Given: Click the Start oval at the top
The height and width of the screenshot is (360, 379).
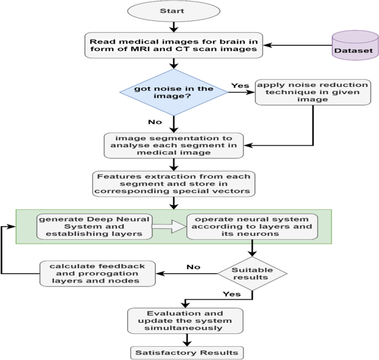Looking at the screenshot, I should click(174, 11).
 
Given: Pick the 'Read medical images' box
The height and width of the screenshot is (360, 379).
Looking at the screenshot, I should click(174, 44).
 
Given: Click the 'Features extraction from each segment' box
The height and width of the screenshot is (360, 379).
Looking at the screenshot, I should click(174, 184).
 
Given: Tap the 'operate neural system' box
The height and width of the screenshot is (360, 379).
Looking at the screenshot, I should click(252, 227).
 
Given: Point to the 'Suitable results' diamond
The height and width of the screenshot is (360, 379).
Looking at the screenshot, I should click(252, 272).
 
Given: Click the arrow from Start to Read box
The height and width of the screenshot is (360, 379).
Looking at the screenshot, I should click(174, 27).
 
